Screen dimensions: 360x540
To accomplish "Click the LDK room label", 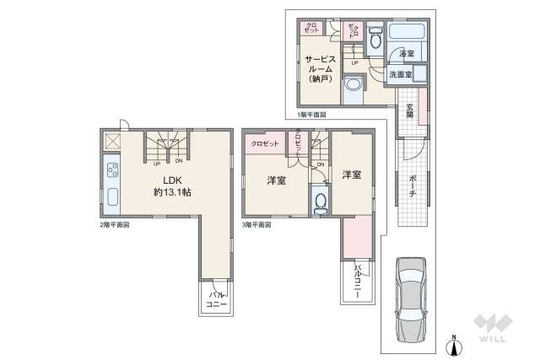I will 171,179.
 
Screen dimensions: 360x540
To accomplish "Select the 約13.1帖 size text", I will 171,192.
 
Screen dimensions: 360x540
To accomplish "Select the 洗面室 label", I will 400,75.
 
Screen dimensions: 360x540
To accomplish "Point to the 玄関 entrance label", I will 409,110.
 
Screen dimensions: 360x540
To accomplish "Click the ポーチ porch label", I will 412,185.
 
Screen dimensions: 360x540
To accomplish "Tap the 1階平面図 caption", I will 311,114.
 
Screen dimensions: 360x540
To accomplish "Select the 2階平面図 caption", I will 114,226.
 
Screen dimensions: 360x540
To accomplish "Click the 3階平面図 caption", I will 256,226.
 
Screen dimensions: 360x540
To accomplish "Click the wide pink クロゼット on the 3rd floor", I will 264,144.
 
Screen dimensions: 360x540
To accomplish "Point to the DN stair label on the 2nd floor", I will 178,163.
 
